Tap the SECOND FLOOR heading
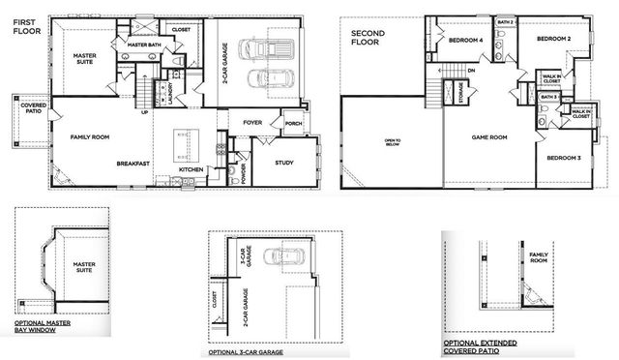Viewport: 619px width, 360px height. click(368, 38)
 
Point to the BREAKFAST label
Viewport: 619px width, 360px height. click(133, 164)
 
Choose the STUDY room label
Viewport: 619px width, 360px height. click(283, 163)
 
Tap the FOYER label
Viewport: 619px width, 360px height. click(253, 123)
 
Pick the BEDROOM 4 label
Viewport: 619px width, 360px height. click(466, 40)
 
